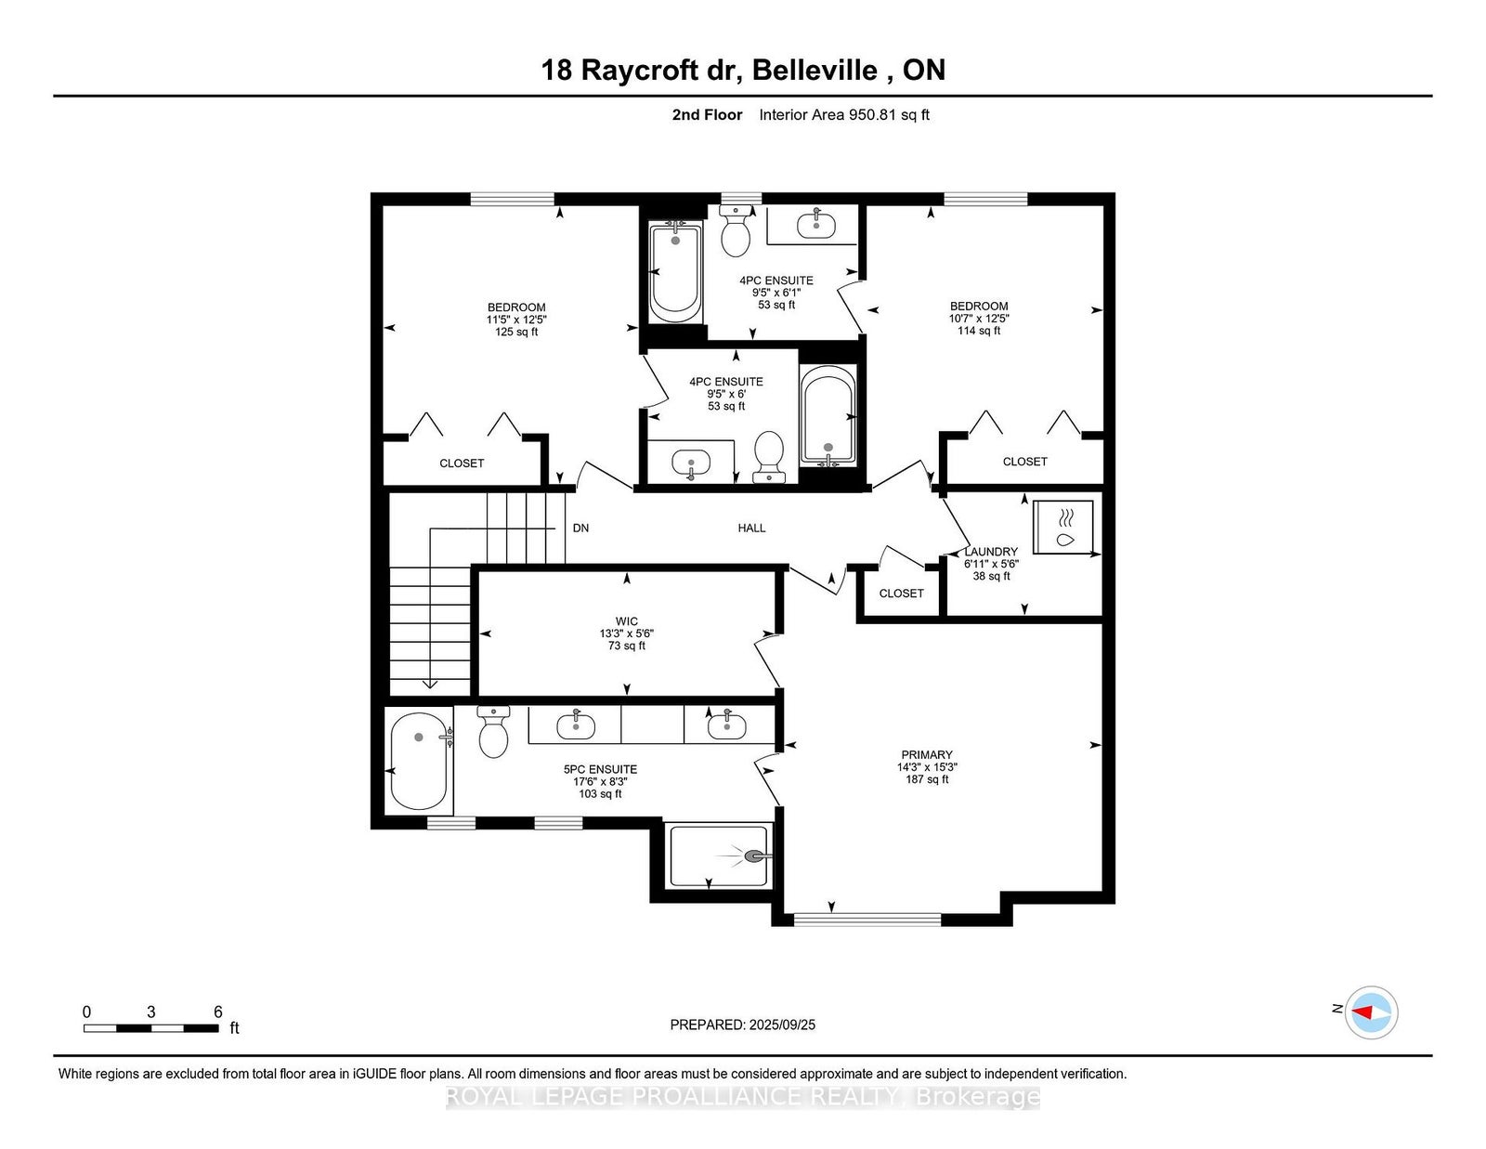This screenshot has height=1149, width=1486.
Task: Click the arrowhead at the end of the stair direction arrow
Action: pos(429,685)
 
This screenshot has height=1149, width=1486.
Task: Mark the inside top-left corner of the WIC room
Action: pos(478,572)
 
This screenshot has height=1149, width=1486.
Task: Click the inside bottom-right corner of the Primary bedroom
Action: pos(1102,891)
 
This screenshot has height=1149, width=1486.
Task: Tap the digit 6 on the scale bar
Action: pos(218,1012)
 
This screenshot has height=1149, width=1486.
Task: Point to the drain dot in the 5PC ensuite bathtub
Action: pos(419,737)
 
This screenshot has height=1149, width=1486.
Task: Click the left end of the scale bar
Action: pos(85,1028)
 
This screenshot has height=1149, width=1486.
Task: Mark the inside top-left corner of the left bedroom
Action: pos(383,206)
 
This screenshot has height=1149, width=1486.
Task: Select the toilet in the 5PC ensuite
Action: pos(493,732)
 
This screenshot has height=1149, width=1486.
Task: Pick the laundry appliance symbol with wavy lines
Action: pos(1062,527)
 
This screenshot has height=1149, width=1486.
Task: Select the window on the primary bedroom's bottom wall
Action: pos(867,920)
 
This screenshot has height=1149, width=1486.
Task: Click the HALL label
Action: pos(751,528)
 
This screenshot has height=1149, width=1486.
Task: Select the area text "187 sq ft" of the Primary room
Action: pos(927,779)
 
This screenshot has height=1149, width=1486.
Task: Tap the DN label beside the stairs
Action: pos(580,528)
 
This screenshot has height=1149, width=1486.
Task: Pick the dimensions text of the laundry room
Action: pos(991,564)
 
